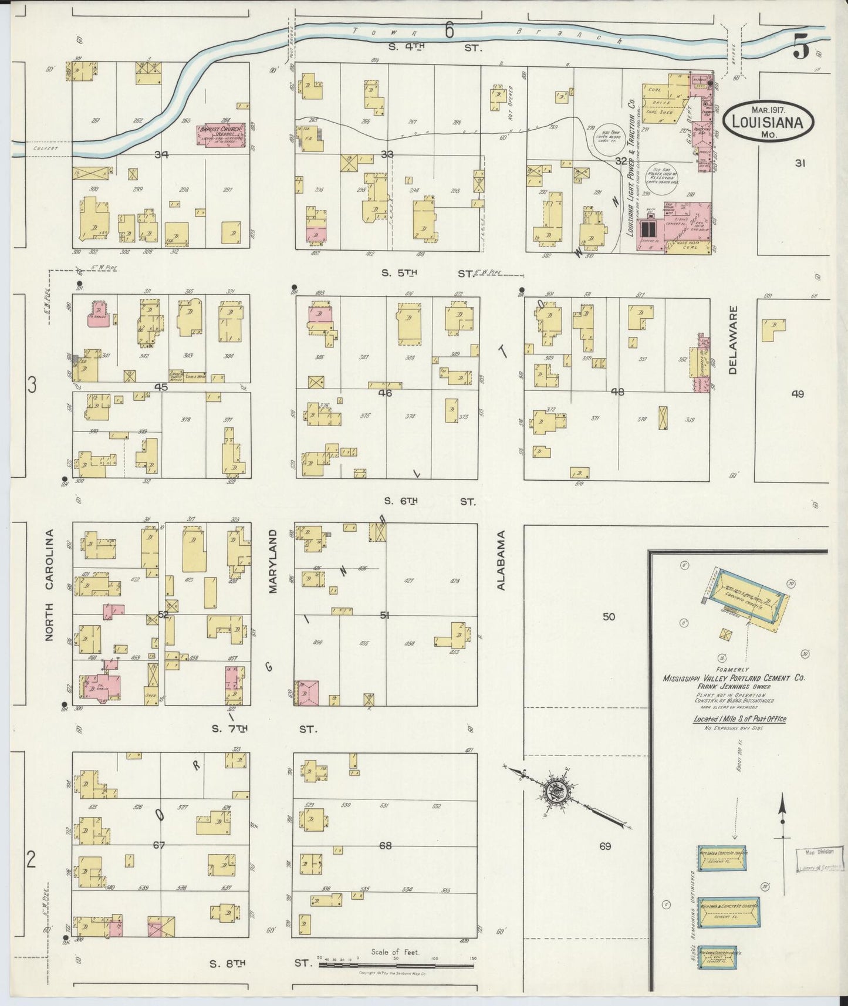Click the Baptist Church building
pyautogui.click(x=222, y=134)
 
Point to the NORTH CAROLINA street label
pyautogui.click(x=50, y=585)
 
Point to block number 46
pyautogui.click(x=385, y=393)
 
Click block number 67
pyautogui.click(x=159, y=845)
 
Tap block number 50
pyautogui.click(x=609, y=616)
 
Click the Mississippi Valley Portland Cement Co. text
pyautogui.click(x=733, y=678)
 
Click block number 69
pyautogui.click(x=605, y=846)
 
